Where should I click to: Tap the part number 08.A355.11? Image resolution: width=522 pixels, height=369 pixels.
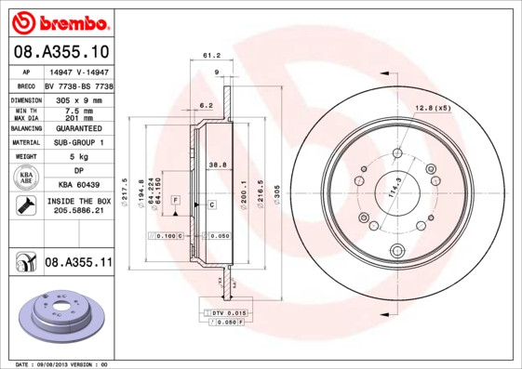point(78,263)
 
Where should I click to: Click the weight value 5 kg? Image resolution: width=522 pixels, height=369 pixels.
point(78,156)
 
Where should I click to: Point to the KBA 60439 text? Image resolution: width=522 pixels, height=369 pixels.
point(78,185)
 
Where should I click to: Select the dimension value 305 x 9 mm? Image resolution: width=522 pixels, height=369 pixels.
point(78,99)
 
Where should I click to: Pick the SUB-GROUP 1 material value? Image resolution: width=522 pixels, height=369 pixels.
point(78,142)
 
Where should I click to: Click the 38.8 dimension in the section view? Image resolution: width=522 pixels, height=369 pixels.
point(217,164)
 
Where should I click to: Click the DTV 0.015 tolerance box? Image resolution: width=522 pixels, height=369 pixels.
point(228,312)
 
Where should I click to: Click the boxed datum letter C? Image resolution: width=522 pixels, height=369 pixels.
point(211,204)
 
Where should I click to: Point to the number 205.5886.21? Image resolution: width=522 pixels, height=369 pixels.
point(78,212)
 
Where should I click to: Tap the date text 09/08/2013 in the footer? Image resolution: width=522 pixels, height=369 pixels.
point(59,363)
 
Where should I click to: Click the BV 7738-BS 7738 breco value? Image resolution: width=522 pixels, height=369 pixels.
point(79,85)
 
